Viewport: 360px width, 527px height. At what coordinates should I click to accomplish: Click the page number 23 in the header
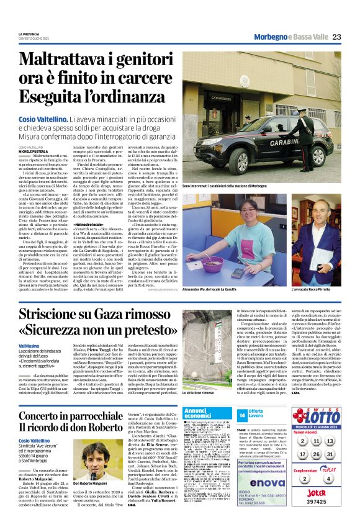click(x=336, y=37)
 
